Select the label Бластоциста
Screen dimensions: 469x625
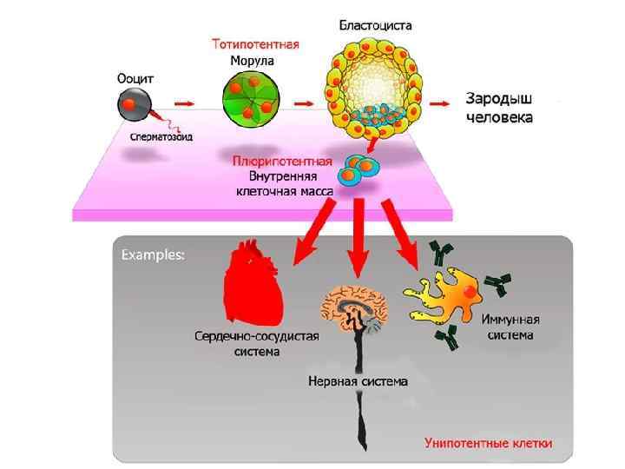pyautogui.click(x=375, y=25)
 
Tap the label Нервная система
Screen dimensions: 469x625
pyautogui.click(x=358, y=380)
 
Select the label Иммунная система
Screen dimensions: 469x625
pyautogui.click(x=509, y=327)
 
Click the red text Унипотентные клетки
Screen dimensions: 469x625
pyautogui.click(x=488, y=443)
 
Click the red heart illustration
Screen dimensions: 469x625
pyautogui.click(x=254, y=283)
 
